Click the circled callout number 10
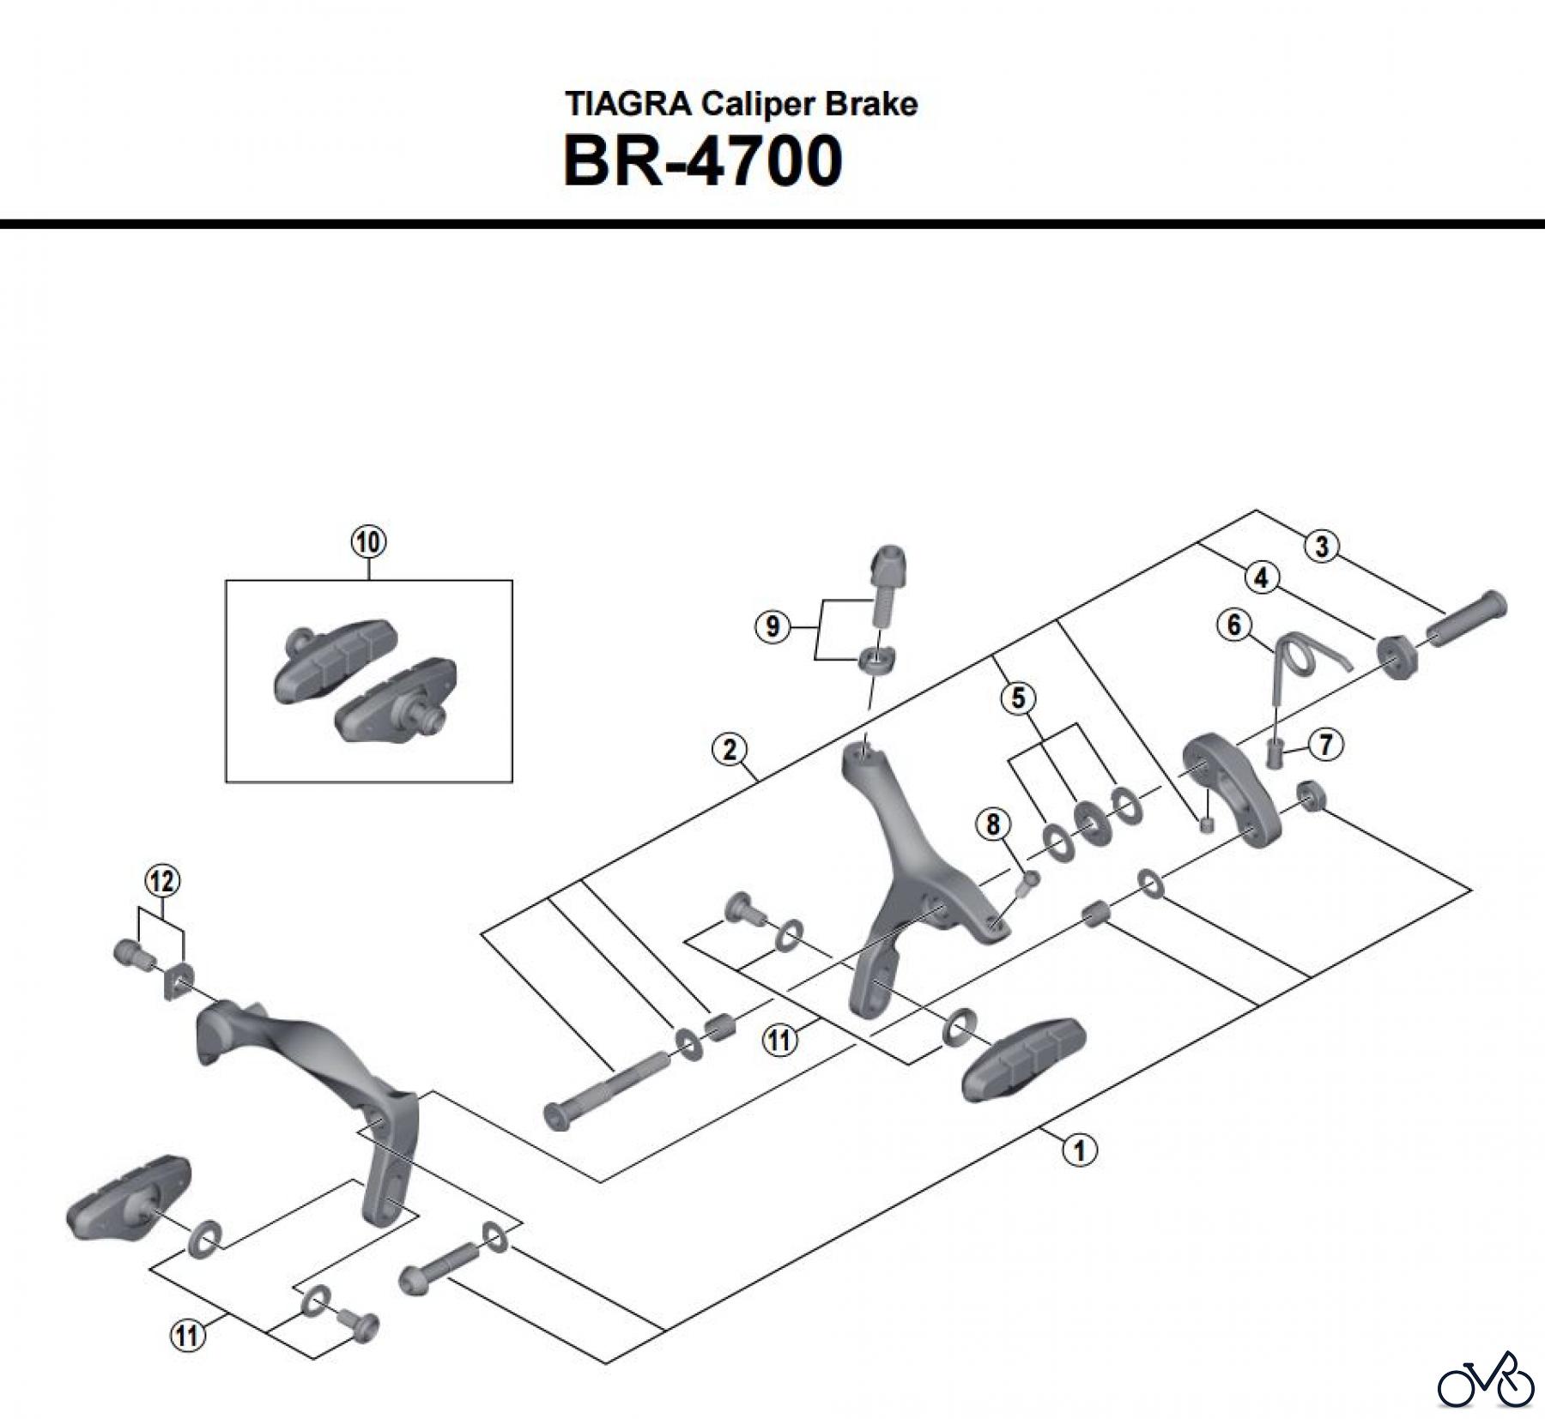[368, 542]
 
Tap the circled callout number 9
[772, 627]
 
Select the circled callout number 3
[1322, 546]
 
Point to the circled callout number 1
[1080, 1149]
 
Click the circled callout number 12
[162, 881]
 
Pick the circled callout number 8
[993, 824]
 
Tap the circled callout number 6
[1234, 625]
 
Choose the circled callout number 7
[1326, 744]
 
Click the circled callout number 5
[1018, 697]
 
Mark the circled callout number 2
[730, 750]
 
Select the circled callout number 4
[1261, 578]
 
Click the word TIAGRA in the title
[628, 104]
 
